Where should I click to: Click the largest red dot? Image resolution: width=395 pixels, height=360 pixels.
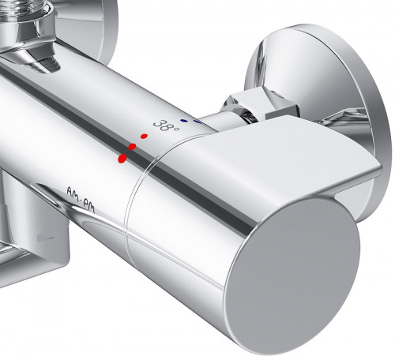122,158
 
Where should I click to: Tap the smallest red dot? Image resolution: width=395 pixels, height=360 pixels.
144,136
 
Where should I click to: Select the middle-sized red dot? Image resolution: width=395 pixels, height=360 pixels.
132,147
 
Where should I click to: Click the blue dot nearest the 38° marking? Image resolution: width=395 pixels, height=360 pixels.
184,121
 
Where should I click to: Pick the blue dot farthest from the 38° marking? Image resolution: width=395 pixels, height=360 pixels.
197,122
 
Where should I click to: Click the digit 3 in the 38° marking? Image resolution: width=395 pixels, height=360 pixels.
158,123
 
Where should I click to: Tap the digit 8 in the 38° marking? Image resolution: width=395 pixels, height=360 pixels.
167,126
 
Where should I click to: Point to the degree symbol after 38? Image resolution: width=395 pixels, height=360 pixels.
176,129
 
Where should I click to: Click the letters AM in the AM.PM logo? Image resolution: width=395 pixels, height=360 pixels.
73,193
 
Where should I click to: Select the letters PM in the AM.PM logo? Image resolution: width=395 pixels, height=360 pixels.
88,204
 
